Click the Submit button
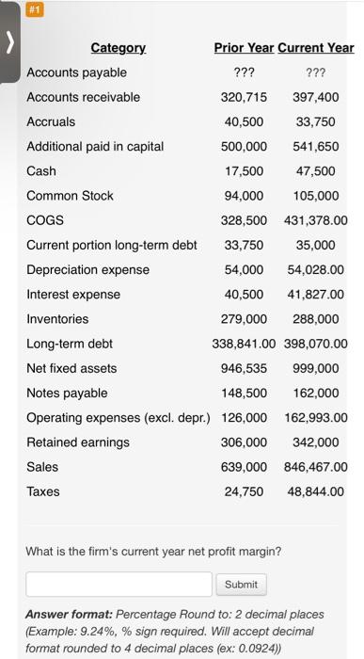[241, 584]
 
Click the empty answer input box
[119, 584]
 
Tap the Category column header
[118, 48]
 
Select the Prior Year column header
[243, 48]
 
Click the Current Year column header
[316, 48]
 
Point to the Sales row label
[42, 466]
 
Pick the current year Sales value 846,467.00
[315, 466]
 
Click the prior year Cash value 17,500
[244, 170]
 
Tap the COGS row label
[44, 219]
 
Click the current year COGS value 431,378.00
[315, 219]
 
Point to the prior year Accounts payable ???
[244, 72]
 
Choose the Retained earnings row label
[78, 442]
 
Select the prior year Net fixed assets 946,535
[244, 368]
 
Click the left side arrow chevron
[10, 44]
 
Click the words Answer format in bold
[71, 614]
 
